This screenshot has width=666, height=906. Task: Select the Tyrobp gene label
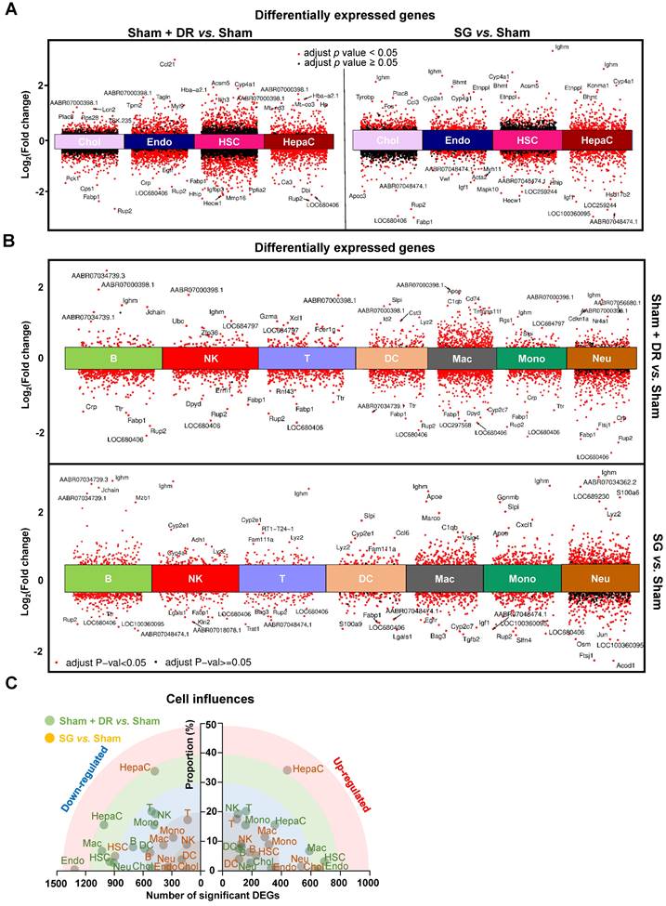coord(366,96)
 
